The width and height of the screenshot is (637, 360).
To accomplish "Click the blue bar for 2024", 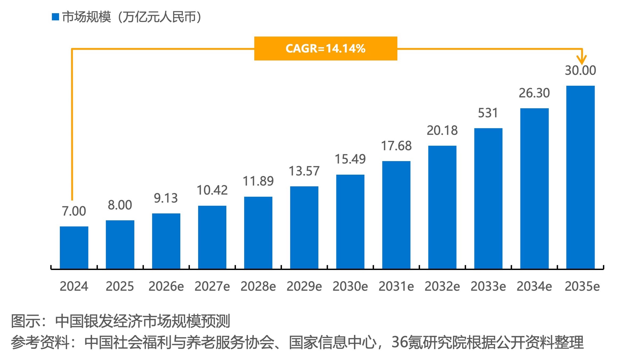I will (74, 247).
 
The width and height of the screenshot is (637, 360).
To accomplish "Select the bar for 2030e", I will (350, 222).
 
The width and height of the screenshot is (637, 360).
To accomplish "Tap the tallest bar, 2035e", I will (580, 177).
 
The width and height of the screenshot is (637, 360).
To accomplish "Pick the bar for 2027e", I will (212, 237).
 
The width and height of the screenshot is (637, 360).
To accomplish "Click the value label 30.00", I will (580, 71).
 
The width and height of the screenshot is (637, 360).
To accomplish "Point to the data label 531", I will (488, 113).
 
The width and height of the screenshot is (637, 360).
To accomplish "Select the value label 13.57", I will (304, 171).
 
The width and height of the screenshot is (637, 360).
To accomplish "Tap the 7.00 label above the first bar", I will (74, 211).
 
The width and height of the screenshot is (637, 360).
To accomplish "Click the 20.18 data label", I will (442, 130).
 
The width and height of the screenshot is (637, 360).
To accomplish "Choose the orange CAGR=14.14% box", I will (325, 48).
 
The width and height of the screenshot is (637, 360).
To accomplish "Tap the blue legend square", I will (55, 17).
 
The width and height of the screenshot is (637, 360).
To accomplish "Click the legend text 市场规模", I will (86, 17).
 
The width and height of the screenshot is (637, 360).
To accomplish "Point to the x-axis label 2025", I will (120, 287).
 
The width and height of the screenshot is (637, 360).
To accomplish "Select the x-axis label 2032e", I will (442, 287).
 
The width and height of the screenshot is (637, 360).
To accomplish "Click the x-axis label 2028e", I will (258, 287).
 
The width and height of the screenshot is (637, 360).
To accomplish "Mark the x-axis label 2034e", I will (534, 287).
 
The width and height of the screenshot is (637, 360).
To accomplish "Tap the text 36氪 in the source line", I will (406, 342).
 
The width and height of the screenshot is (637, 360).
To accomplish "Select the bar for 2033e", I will (488, 198).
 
